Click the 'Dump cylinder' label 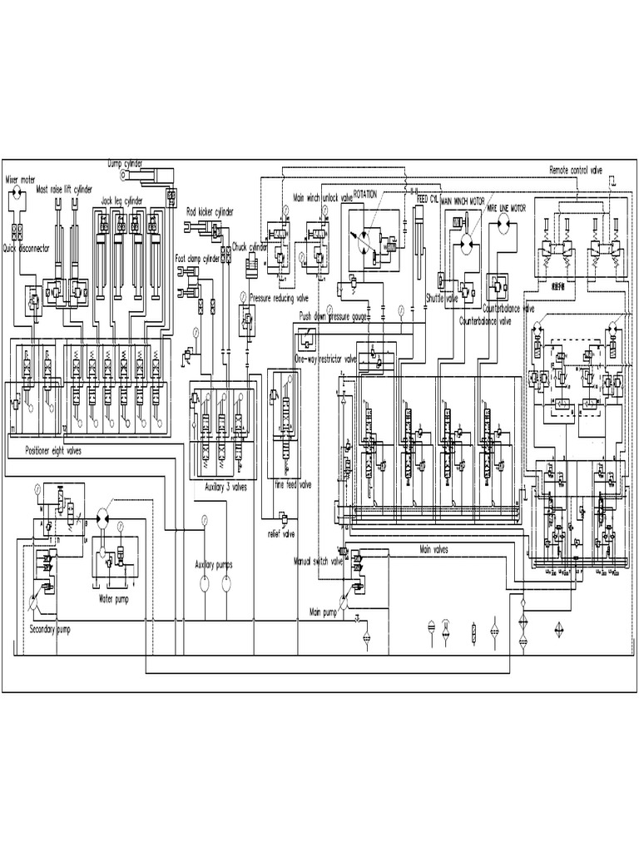click(x=125, y=164)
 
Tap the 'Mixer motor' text click(x=21, y=178)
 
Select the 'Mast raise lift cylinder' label click(x=65, y=190)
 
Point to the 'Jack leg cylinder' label click(x=122, y=201)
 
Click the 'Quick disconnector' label click(x=26, y=247)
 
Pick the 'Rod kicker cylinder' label click(x=210, y=212)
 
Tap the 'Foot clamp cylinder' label click(x=198, y=259)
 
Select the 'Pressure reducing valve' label click(x=280, y=297)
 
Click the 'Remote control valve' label click(x=575, y=170)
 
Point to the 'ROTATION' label click(x=365, y=193)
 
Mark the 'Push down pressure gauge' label click(x=333, y=316)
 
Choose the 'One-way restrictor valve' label click(x=325, y=359)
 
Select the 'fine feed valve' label click(x=292, y=484)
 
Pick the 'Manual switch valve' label click(x=319, y=561)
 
